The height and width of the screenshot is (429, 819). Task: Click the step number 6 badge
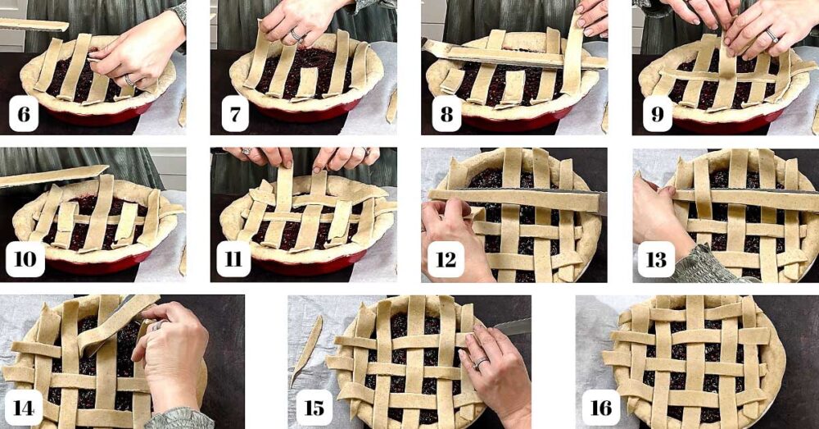point(24,115)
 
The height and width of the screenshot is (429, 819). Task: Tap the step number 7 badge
point(235,115)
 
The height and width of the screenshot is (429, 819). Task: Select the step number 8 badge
point(446,115)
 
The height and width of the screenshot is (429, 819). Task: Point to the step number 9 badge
point(657,115)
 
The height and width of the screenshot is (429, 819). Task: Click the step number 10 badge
point(25,259)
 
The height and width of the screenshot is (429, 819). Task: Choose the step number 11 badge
point(235,259)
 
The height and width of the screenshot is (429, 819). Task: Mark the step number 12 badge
point(446,259)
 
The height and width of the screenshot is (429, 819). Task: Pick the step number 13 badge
point(657,259)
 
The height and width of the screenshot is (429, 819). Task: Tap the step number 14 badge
point(24,408)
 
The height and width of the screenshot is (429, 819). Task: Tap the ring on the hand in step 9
point(771,34)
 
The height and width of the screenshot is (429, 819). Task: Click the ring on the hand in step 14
point(155,326)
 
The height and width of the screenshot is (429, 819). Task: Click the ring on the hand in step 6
point(129,80)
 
